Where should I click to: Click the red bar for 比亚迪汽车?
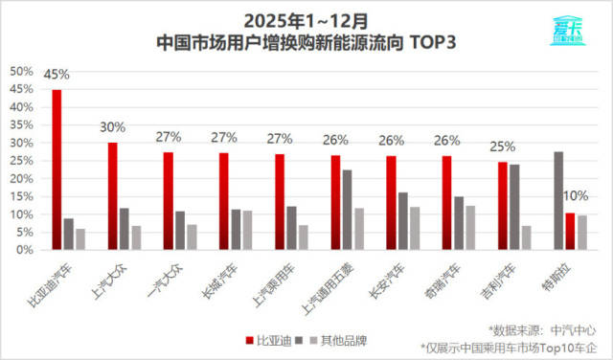coord(57,169)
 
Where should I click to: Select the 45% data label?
coord(57,74)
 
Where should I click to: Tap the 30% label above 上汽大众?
coord(112,127)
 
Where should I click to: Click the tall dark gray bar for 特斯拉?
coord(558,200)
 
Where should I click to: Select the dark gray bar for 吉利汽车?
coord(514,207)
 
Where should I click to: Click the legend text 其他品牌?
coord(341,340)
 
